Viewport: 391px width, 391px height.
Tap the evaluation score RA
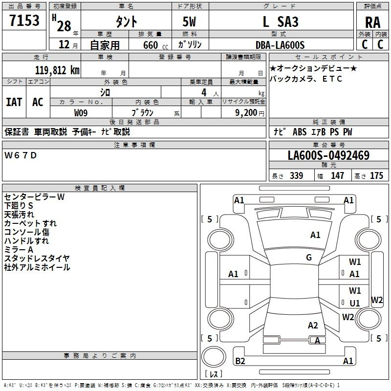pyautogui.click(x=372, y=22)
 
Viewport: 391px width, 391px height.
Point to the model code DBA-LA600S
pyautogui.click(x=280, y=45)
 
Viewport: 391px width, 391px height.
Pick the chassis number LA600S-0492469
pyautogui.click(x=328, y=156)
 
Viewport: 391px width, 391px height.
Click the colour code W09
pyautogui.click(x=81, y=112)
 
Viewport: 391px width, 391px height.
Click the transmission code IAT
pyautogui.click(x=14, y=102)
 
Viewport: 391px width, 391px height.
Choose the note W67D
pyautogui.click(x=21, y=155)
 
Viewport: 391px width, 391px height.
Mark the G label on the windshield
pyautogui.click(x=309, y=258)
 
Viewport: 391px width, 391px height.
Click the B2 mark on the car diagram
pyautogui.click(x=240, y=361)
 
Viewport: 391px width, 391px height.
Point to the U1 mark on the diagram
pyautogui.click(x=355, y=303)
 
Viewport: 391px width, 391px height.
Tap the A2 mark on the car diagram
pyautogui.click(x=313, y=326)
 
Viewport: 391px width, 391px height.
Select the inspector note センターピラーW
pyautogui.click(x=34, y=196)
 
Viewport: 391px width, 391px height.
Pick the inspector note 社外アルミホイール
pyautogui.click(x=37, y=267)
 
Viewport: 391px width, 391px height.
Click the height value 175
pyautogui.click(x=376, y=175)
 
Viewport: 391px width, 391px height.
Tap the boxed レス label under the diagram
pyautogui.click(x=213, y=374)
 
